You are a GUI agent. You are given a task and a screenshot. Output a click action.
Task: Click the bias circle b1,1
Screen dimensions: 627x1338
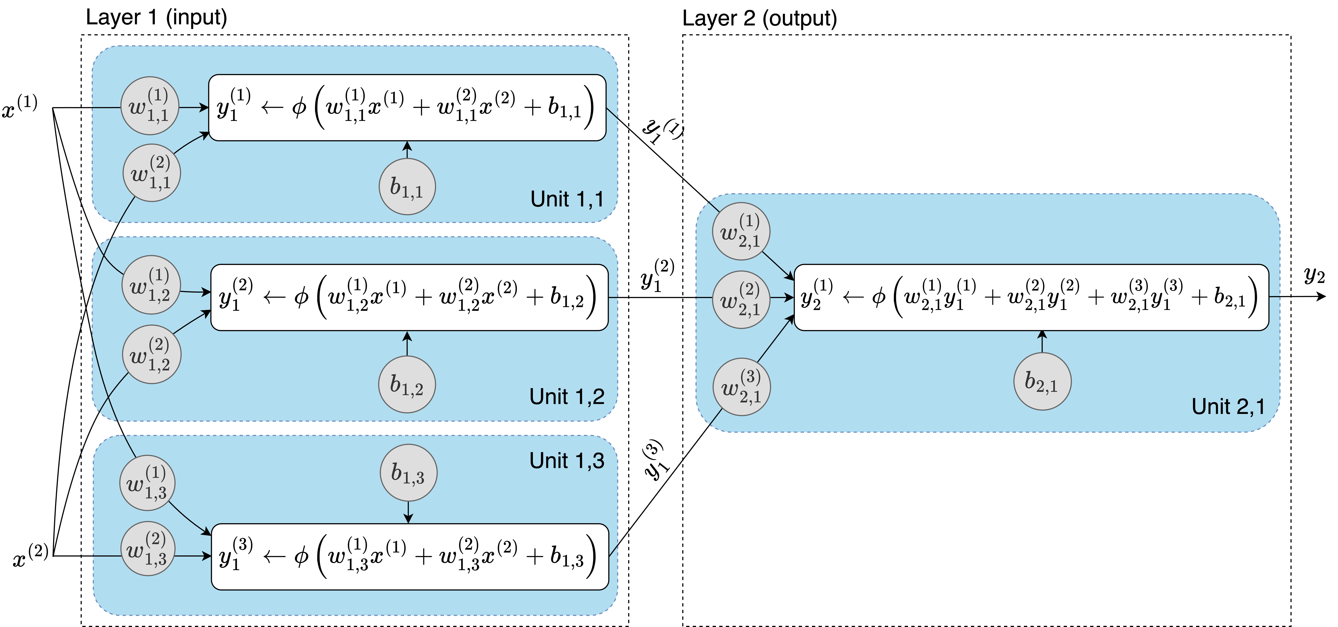[x=407, y=187]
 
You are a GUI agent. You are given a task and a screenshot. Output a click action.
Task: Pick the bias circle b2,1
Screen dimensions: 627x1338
[x=1042, y=381]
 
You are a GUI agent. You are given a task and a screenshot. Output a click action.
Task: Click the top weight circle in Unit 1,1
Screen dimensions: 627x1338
[x=150, y=106]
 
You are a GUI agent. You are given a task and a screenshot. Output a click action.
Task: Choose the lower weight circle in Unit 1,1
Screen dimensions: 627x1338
[x=152, y=173]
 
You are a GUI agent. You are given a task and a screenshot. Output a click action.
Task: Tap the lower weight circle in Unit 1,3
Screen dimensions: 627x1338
[x=148, y=549]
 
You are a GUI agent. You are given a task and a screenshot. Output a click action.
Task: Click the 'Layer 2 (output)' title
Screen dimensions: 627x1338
[x=759, y=19]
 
